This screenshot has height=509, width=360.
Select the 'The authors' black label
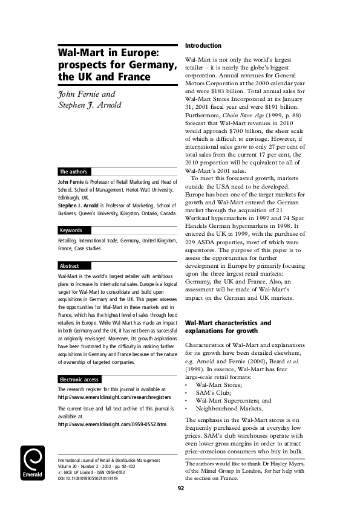pos(73,172)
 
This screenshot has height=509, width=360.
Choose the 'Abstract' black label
pos(70,266)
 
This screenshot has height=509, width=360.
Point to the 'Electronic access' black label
pos(79,363)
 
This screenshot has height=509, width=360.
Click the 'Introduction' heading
pos(203,46)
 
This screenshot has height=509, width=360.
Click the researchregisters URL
pos(112,381)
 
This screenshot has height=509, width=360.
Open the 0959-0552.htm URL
pos(111,407)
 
